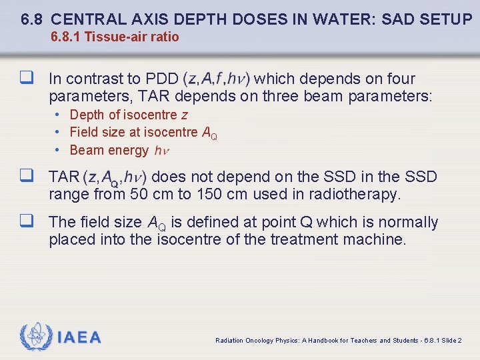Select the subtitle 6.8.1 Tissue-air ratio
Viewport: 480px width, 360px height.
115,37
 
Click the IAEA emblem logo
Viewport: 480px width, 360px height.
34,337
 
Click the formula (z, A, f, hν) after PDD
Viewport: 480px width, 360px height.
216,79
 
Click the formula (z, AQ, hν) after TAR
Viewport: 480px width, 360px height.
116,177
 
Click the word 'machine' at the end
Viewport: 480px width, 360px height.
374,239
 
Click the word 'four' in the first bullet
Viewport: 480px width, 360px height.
400,79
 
